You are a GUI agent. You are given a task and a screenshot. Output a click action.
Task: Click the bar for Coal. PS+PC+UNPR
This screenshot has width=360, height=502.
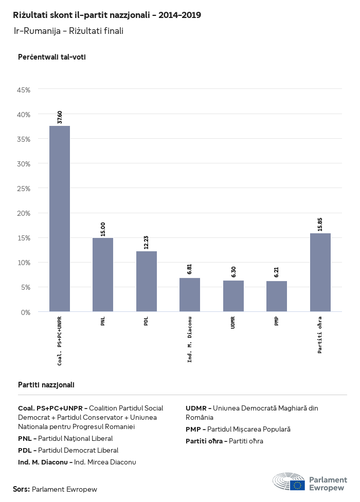point(60,218)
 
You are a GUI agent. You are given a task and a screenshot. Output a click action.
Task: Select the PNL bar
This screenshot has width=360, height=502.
point(103,274)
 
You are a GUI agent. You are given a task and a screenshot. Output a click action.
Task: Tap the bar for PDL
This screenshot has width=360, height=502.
point(147,281)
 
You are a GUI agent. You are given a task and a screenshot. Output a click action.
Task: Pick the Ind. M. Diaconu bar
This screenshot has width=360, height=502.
point(190,294)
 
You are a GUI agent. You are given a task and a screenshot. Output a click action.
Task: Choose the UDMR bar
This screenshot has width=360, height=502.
point(233,296)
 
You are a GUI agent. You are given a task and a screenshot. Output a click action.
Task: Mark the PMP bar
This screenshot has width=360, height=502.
point(277,296)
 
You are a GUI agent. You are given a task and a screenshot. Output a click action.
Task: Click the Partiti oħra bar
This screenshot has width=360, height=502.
point(320,272)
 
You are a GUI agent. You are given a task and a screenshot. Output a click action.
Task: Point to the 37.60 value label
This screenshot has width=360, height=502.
point(60,117)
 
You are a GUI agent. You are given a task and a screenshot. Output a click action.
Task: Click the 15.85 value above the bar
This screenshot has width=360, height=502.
point(320,225)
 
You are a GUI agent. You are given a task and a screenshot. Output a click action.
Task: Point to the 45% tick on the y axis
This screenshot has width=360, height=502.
point(24,89)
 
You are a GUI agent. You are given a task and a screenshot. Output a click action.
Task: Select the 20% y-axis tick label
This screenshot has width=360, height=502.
point(24,213)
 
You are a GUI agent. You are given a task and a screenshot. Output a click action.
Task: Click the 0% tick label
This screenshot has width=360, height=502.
point(26,312)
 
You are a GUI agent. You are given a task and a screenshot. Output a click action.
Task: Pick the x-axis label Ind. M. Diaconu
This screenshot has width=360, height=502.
point(190,339)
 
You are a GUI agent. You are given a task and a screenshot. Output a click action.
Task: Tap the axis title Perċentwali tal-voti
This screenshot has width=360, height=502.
point(51,57)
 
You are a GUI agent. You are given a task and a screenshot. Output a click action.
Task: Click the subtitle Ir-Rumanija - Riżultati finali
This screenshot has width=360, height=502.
point(68,31)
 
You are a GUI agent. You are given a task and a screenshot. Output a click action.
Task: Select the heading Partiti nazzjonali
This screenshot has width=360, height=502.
point(46,384)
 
